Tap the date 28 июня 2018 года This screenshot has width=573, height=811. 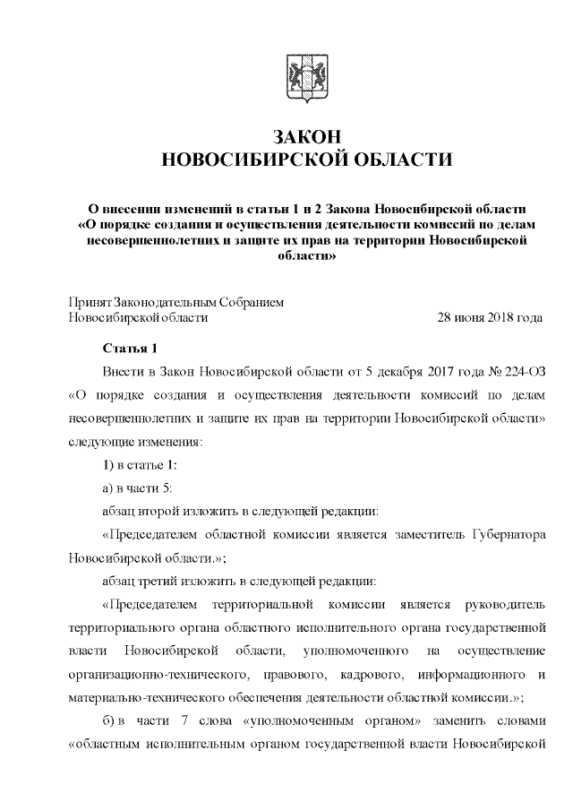(x=489, y=317)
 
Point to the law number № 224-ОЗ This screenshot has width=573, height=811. (x=517, y=371)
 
